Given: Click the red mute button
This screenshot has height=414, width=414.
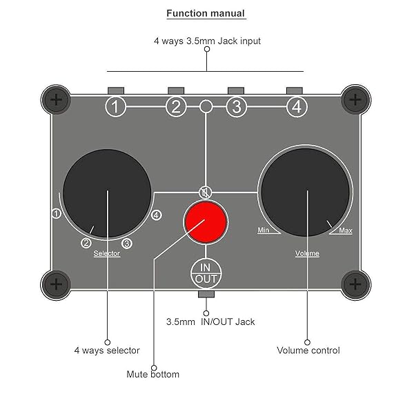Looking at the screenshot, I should [x=205, y=221].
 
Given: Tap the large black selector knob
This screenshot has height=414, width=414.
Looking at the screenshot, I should [x=107, y=190].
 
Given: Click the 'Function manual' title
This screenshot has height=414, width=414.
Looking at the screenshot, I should [x=206, y=14].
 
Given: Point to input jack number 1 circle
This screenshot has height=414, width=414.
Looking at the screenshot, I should [x=116, y=107].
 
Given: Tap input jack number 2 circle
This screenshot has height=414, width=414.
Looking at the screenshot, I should [x=176, y=107].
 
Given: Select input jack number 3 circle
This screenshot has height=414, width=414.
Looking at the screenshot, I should [x=237, y=107].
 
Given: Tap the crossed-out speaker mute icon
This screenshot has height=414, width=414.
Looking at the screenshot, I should [x=204, y=192].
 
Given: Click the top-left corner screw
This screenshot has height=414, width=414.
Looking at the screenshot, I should [x=57, y=101].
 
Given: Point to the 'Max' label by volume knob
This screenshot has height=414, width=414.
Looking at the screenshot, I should [x=345, y=230].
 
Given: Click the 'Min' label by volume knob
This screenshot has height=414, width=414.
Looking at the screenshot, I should [x=263, y=230].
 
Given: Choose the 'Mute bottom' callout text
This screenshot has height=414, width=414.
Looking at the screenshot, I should [x=152, y=375].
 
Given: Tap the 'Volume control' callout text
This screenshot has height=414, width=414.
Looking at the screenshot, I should [x=308, y=351].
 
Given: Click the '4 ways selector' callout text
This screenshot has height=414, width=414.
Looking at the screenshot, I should [x=107, y=351].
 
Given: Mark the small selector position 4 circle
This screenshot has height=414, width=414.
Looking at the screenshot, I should [x=157, y=215].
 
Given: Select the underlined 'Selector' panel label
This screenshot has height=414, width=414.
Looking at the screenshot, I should [x=107, y=253].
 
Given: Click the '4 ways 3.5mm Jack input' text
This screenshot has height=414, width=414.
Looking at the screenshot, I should [x=207, y=41].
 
